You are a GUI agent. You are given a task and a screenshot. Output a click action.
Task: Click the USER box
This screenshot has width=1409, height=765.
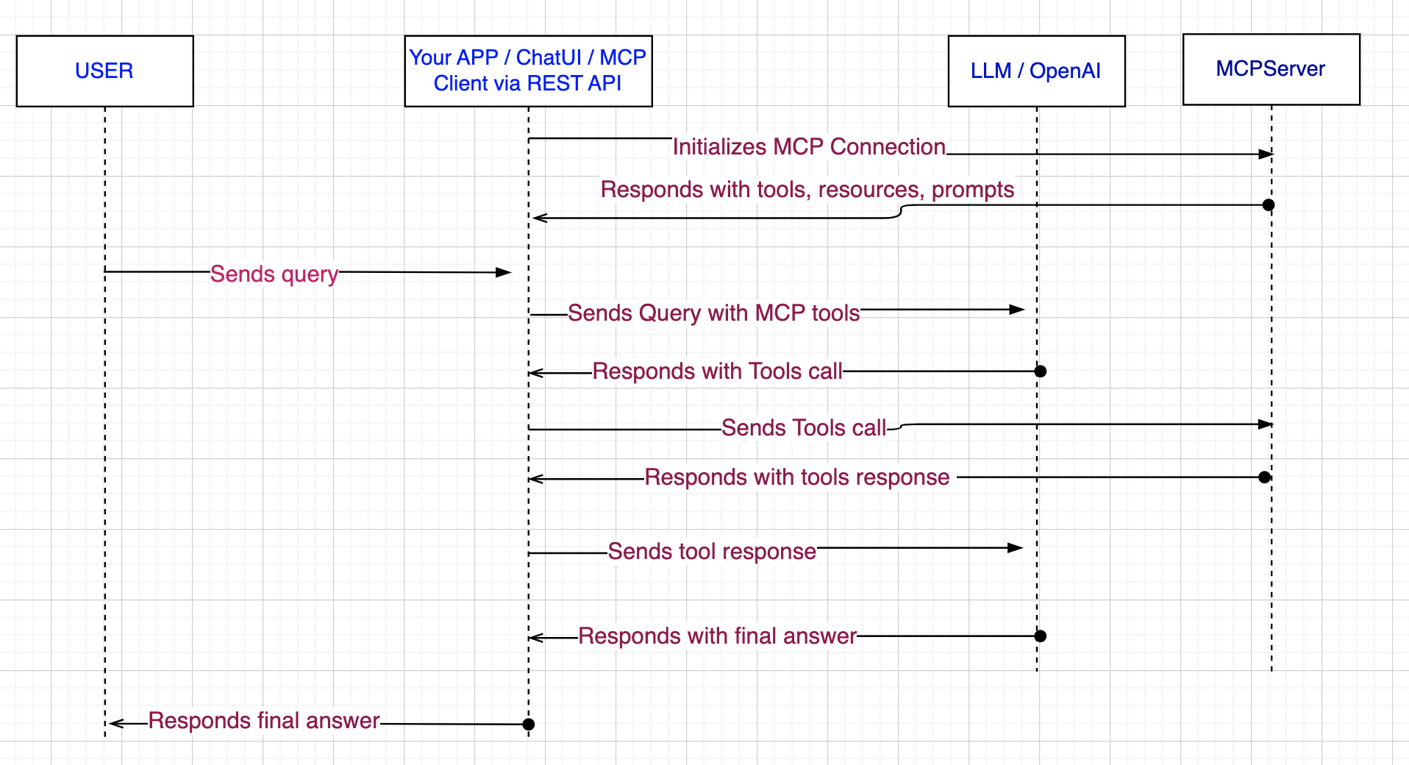[x=105, y=71]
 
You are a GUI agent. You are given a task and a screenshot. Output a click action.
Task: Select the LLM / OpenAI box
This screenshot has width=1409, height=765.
[x=1037, y=71]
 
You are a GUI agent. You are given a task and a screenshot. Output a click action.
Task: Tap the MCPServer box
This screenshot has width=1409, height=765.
[x=1271, y=69]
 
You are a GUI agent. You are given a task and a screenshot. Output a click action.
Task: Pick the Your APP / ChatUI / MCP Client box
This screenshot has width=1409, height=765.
[x=528, y=71]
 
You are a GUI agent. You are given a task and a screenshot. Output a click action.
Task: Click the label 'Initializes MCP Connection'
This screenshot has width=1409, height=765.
[x=809, y=147]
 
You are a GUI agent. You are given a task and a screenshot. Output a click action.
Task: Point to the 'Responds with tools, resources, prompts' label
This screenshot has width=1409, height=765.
[x=807, y=190]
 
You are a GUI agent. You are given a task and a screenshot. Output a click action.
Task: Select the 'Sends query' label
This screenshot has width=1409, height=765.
[x=274, y=274]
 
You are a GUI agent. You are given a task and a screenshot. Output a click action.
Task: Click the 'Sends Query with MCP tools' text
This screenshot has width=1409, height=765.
[x=714, y=313]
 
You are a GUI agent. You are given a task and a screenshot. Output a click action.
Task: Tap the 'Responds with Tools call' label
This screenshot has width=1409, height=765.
[x=718, y=371]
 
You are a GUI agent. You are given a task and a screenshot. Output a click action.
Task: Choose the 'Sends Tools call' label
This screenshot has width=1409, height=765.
[x=804, y=428]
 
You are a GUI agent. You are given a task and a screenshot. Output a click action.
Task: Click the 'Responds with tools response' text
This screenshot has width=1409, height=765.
[x=797, y=477]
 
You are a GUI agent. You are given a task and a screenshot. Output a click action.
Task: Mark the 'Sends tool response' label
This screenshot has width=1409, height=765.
[x=712, y=552]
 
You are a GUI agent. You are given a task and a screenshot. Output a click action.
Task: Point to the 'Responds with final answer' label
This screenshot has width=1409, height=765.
[x=718, y=636]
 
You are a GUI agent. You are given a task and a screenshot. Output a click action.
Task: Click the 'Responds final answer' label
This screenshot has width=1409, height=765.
[x=264, y=721]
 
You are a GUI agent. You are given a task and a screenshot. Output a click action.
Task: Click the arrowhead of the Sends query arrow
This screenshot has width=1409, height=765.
[x=504, y=273]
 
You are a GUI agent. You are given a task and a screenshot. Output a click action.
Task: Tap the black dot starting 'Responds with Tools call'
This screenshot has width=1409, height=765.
[x=1041, y=371]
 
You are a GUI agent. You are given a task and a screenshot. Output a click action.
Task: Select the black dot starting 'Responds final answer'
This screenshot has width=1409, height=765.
[x=528, y=725]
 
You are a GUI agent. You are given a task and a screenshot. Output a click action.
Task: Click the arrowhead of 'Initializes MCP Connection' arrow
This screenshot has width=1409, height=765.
[x=1266, y=154]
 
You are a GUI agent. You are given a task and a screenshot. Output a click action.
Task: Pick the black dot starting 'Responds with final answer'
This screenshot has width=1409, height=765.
[x=1041, y=636]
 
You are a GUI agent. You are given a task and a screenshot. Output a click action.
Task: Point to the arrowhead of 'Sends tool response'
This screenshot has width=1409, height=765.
[x=1016, y=548]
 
